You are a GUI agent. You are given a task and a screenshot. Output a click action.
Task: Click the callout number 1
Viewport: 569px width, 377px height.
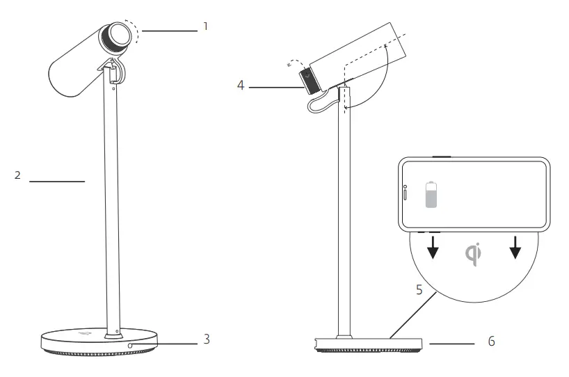point(205,26)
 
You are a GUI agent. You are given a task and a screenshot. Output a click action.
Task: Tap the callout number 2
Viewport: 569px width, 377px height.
point(17,175)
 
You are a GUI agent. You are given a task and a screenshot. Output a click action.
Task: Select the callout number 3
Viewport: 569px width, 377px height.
point(207,339)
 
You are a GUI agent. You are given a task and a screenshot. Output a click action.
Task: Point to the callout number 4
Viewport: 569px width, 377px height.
point(240,86)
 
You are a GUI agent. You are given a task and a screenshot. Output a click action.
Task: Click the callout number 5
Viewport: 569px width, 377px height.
point(419,289)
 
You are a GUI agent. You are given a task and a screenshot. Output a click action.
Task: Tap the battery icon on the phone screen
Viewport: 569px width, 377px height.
point(432,195)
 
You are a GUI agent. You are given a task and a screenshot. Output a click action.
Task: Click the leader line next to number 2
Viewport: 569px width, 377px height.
point(56,182)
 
